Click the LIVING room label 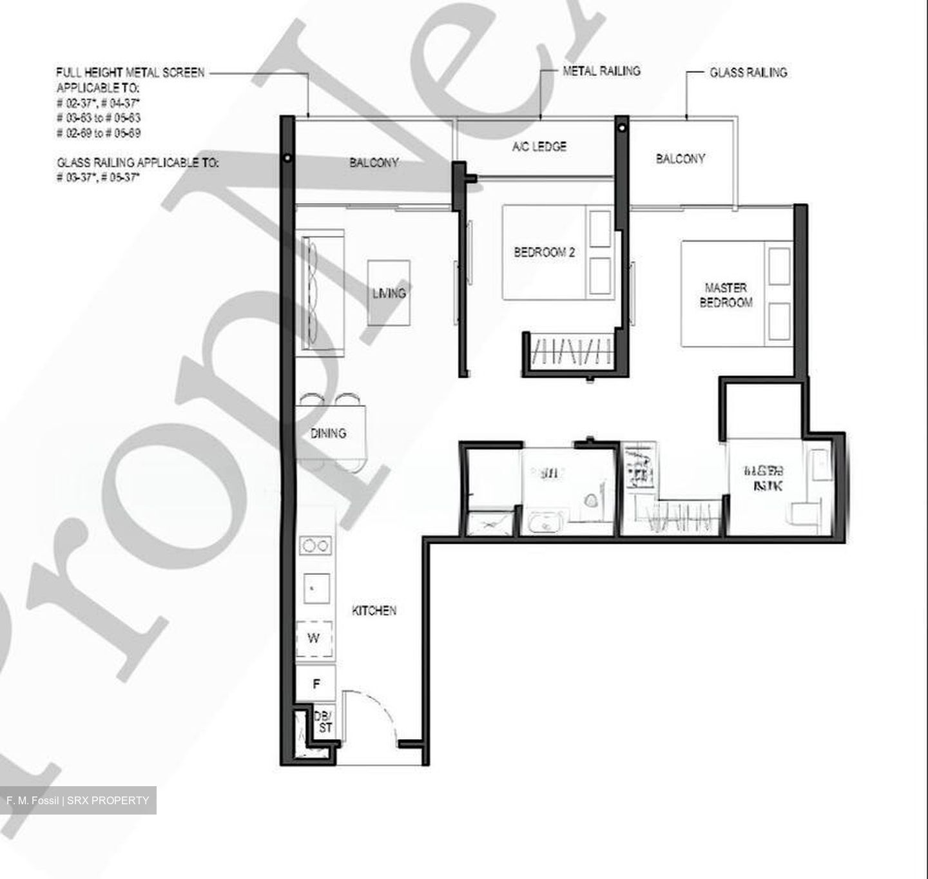pos(389,293)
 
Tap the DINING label pos(328,433)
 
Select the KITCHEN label pos(374,610)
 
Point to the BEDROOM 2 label pos(544,252)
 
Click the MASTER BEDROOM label pos(726,295)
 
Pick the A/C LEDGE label pos(539,146)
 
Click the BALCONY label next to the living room pos(374,162)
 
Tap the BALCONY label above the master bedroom pos(681,159)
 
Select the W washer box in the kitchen pos(314,639)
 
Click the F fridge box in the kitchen pos(316,684)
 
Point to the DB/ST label pos(324,722)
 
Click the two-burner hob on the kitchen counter pos(316,546)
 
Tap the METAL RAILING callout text pos(601,71)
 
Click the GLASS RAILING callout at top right pos(748,73)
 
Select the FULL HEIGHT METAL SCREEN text pos(130,73)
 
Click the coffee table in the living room pos(389,293)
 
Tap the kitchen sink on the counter pos(316,588)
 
